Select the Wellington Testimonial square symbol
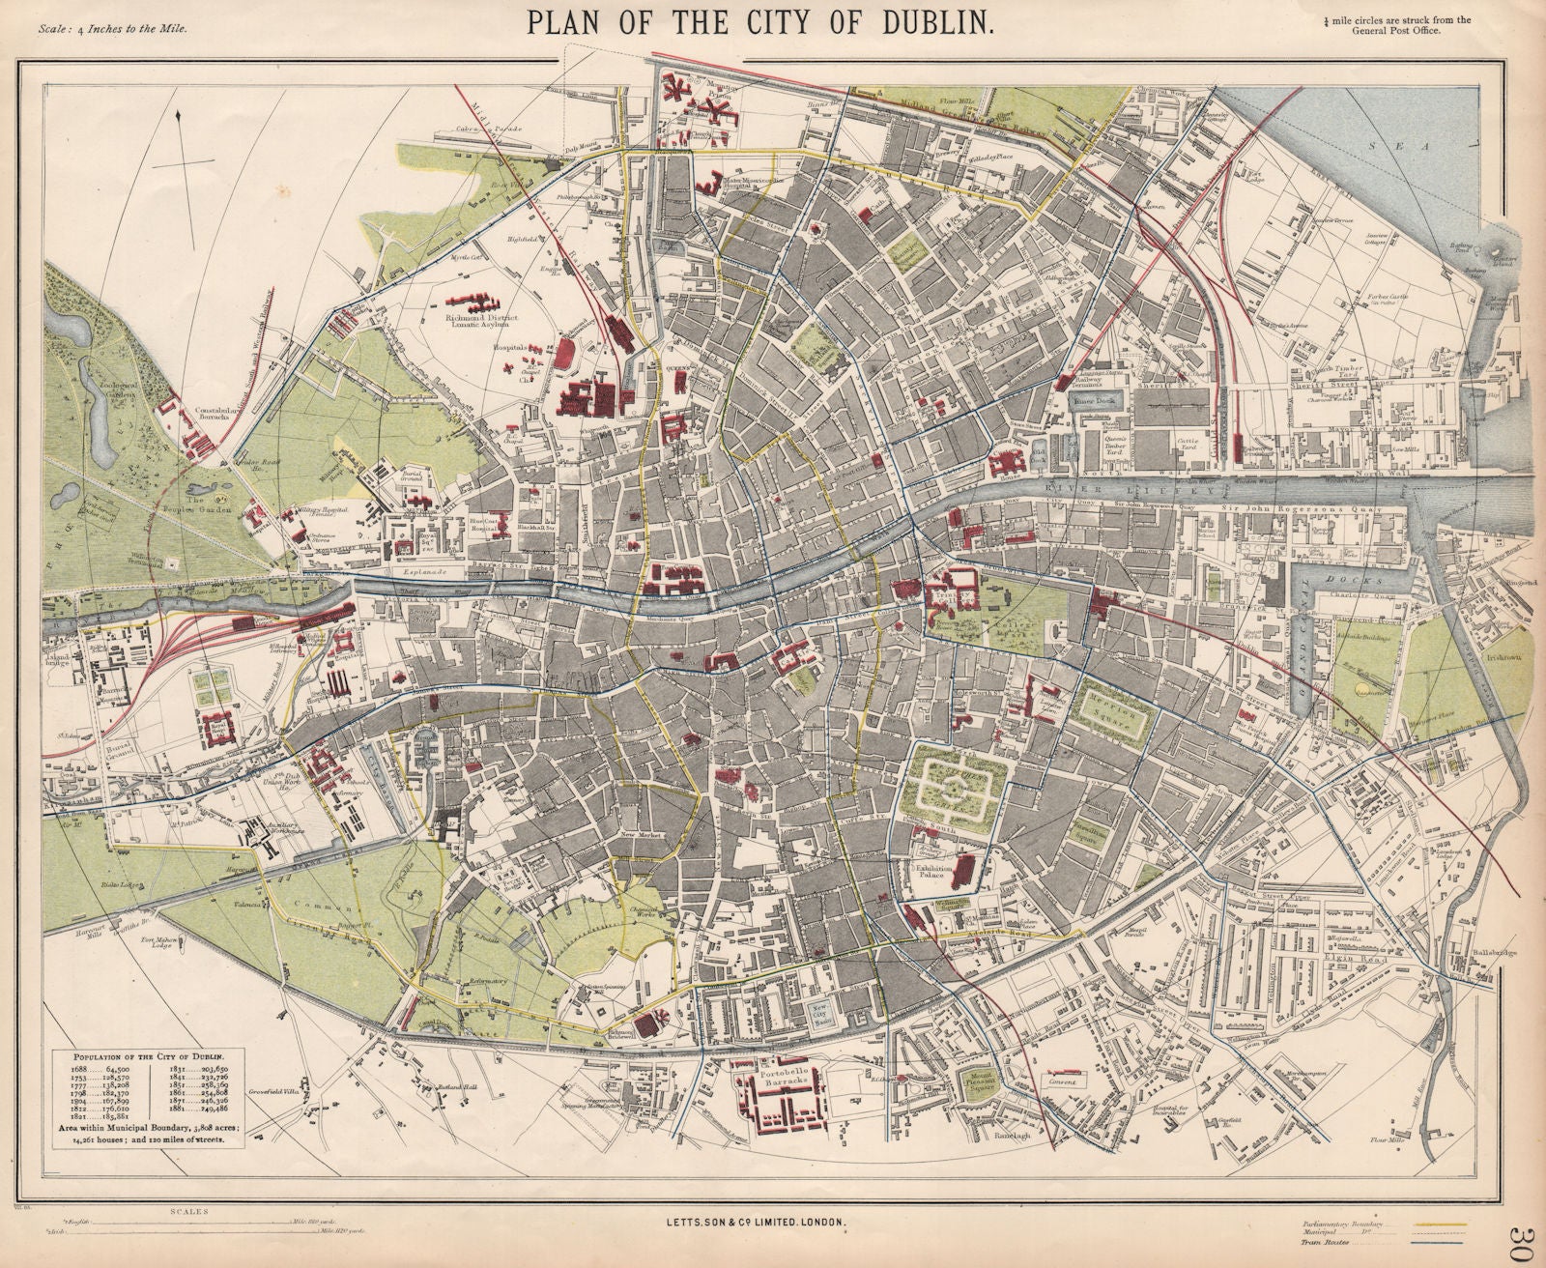point(171,562)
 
